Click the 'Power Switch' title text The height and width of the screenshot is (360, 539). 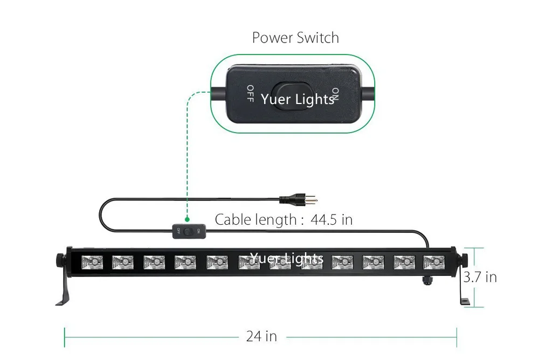click(x=295, y=38)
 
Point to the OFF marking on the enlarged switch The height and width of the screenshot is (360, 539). click(x=250, y=94)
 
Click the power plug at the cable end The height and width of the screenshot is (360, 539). click(x=298, y=199)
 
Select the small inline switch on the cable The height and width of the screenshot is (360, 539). click(x=189, y=231)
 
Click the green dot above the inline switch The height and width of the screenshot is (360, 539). click(x=187, y=219)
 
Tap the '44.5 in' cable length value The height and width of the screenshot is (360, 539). click(x=331, y=220)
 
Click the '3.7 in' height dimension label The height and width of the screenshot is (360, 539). click(x=480, y=277)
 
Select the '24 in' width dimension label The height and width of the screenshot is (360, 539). click(x=261, y=336)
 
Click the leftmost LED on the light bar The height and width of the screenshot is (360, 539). click(x=92, y=262)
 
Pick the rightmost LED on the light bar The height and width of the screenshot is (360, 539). click(x=434, y=262)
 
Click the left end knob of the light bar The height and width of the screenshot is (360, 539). click(x=60, y=260)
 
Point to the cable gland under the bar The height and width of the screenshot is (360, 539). click(x=427, y=280)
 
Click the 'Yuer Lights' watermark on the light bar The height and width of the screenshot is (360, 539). click(x=286, y=258)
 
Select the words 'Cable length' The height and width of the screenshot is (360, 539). click(x=255, y=220)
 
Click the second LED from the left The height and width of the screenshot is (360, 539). click(x=123, y=262)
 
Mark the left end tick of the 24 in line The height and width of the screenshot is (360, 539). click(x=64, y=337)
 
